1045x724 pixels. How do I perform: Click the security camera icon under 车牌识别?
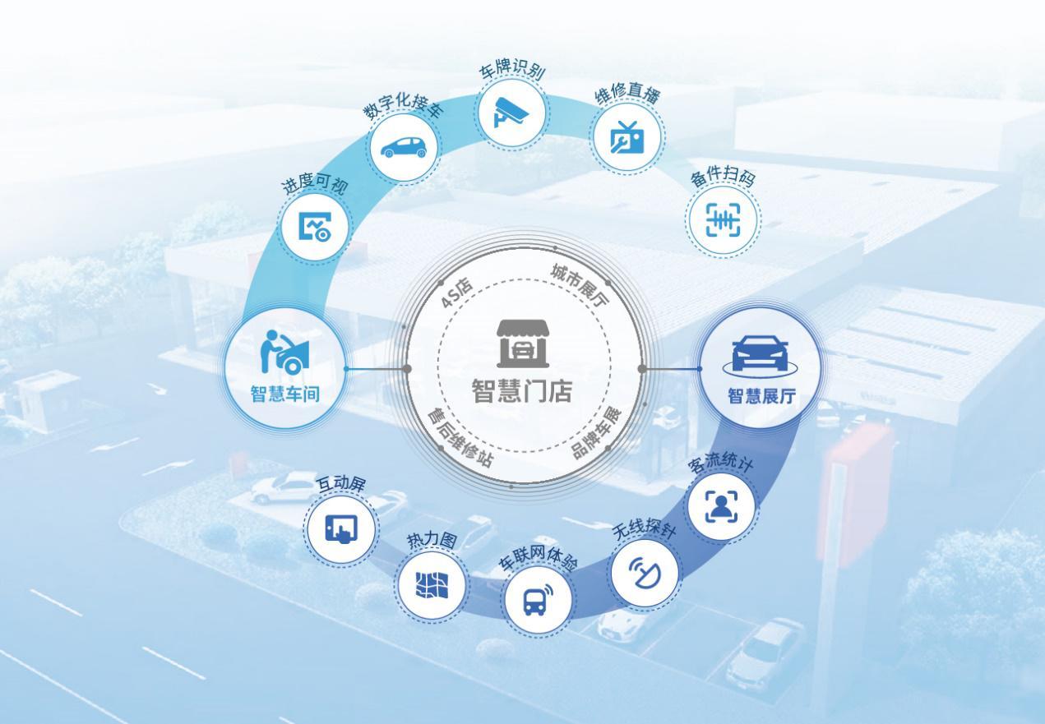pos(511,112)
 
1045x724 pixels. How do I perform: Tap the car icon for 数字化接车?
pos(404,147)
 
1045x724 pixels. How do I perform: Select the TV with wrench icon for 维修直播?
pos(627,137)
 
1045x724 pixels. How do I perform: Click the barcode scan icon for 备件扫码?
pos(723,219)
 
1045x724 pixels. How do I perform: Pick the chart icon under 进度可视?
pos(315,227)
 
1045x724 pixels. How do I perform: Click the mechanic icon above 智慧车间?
pos(284,352)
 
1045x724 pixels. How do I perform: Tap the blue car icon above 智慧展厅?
pos(760,356)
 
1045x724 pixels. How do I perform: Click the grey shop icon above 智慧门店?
pos(523,344)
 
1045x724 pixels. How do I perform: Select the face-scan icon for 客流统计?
pos(721,506)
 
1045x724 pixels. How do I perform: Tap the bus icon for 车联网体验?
pos(538,599)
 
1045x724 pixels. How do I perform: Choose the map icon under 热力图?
pos(432,585)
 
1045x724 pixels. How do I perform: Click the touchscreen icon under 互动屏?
pos(341,528)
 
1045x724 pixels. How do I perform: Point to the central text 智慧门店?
pos(522,390)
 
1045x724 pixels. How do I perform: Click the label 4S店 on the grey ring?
pos(456,293)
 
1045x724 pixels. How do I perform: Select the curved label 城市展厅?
pos(580,285)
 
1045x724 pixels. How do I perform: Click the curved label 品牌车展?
pos(597,433)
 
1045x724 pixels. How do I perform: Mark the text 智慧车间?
pos(285,394)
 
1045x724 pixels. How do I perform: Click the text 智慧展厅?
pos(762,396)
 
